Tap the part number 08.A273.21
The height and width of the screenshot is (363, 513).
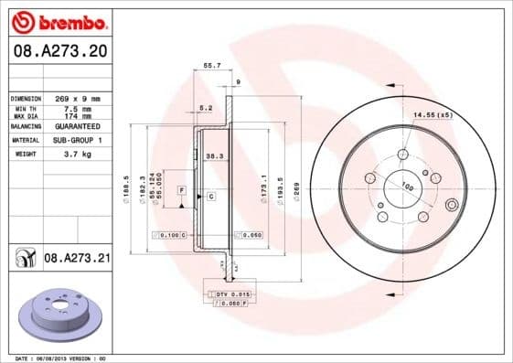77,260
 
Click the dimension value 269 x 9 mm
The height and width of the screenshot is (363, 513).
77,98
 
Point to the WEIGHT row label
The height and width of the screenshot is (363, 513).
25,155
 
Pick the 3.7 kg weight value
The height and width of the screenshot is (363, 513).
77,155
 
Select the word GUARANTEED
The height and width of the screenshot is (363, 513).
77,126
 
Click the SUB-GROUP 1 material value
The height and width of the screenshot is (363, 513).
77,141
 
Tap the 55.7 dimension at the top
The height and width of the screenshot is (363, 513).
211,66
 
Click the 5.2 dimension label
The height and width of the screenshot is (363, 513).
206,109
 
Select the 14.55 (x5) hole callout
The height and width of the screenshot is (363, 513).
433,115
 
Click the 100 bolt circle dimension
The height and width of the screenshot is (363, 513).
407,187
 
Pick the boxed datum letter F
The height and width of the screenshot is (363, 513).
182,189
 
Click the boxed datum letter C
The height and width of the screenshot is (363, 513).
211,197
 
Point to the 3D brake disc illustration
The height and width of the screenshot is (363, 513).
61,316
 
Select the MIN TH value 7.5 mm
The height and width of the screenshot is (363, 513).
77,110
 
